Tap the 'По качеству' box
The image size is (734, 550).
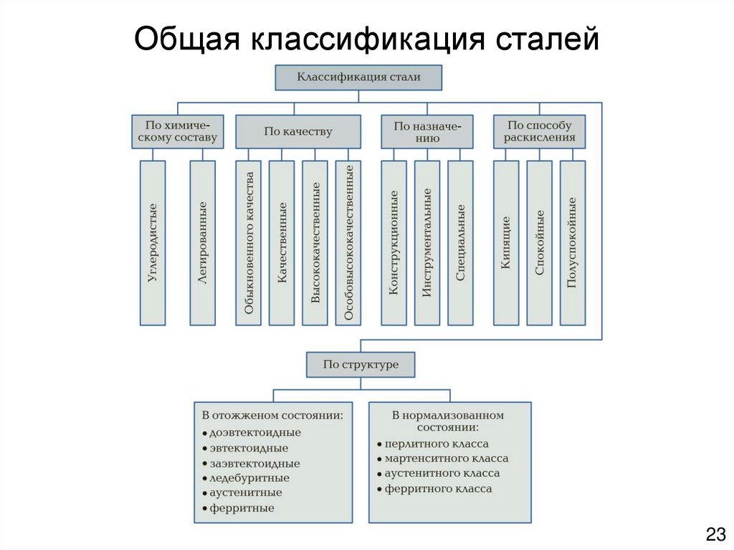coord(298,131)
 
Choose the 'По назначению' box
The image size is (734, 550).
coord(426,131)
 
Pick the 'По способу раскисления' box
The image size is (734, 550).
coord(539,131)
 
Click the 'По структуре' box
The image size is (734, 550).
coord(361,364)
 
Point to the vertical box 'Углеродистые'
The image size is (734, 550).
coord(152,242)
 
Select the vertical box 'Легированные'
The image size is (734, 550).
coord(202,242)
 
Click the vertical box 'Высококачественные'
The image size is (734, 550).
coord(315,242)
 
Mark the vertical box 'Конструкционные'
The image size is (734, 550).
coord(394,242)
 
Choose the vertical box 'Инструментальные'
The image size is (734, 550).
coord(426,242)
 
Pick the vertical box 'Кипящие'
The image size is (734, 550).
coord(506,242)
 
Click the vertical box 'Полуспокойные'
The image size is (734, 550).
coord(572,242)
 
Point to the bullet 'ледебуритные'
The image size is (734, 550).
coord(249,478)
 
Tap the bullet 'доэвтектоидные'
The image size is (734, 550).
coord(254,432)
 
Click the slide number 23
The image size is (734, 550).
coord(715,534)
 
